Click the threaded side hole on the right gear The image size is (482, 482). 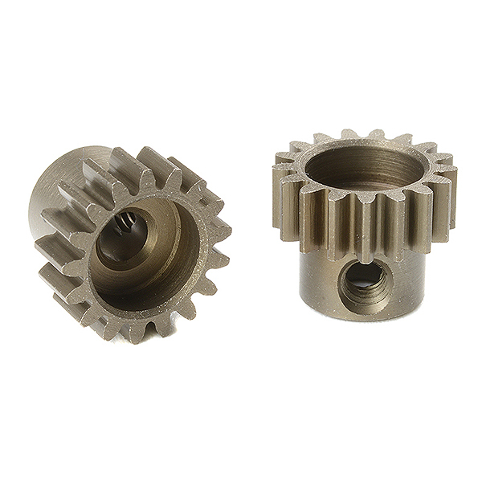(x=365, y=280)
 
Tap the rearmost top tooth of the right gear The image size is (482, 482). (x=350, y=134)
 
